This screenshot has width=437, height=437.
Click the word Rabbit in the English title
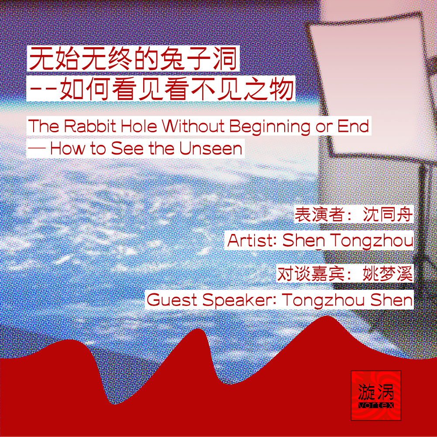90,126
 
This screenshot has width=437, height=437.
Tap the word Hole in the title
139,126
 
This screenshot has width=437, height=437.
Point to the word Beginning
270,127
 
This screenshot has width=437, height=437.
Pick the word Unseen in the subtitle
211,148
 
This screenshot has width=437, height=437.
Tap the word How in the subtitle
67,148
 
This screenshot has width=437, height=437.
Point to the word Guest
172,300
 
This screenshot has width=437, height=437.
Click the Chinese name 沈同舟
388,215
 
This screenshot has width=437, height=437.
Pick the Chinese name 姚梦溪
388,274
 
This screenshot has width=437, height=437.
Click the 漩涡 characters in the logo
376,392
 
